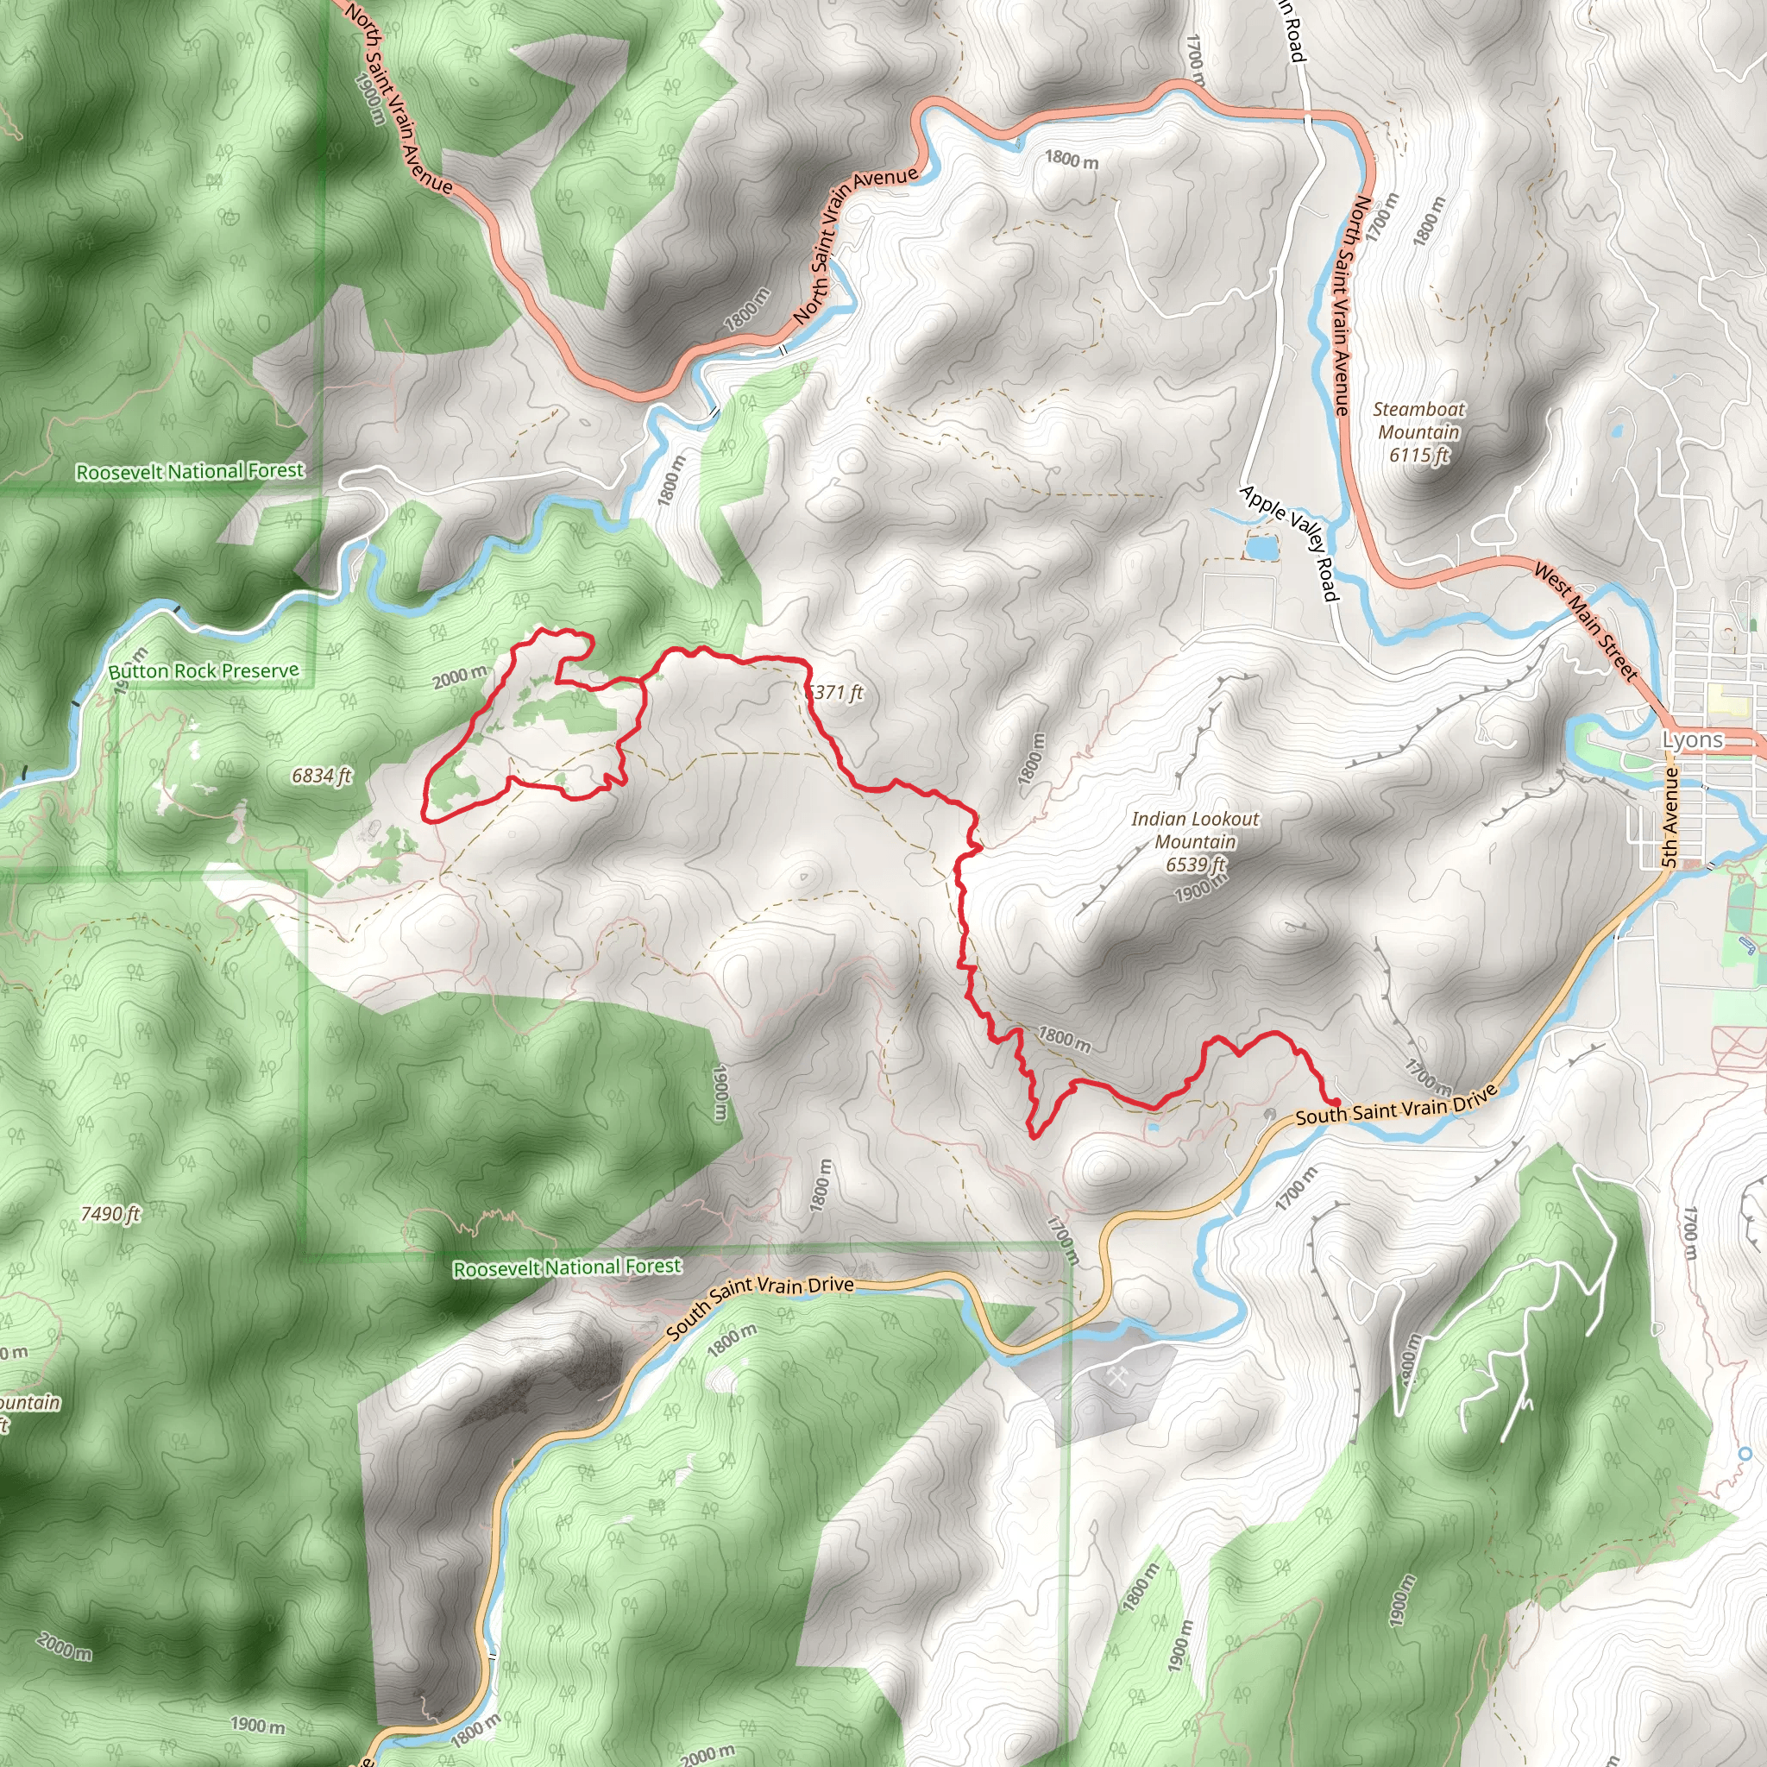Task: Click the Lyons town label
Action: (1692, 740)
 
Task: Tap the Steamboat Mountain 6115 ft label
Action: (1418, 431)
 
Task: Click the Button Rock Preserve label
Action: (203, 671)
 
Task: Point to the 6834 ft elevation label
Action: (321, 777)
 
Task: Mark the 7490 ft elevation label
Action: (110, 1214)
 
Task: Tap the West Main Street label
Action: (1585, 622)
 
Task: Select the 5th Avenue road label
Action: (1670, 817)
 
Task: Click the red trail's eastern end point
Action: (1336, 1102)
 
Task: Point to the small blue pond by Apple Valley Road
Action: (1261, 548)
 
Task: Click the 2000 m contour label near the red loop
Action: (459, 677)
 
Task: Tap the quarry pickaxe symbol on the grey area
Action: (1117, 1377)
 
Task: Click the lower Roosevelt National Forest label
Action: (567, 1267)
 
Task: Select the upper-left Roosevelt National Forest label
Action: (189, 471)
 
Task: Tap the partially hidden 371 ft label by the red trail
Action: (836, 692)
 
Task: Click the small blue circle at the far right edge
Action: (1745, 1452)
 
